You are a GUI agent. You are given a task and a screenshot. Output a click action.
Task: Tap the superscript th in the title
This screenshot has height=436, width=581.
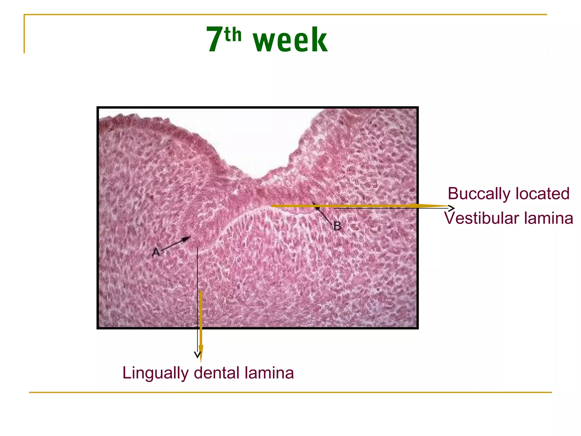[233, 35]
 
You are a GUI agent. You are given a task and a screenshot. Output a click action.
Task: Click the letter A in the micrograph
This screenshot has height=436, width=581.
[156, 252]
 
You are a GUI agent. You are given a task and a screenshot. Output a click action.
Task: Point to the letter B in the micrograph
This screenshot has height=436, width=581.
[337, 226]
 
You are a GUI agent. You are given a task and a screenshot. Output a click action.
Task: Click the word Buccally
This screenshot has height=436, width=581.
[479, 194]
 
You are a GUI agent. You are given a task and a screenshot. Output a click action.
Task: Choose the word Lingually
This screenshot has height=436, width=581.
[155, 373]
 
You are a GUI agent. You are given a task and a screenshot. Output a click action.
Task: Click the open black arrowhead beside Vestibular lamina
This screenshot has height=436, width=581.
[452, 208]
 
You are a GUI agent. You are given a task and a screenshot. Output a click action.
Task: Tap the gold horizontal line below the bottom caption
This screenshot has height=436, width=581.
[290, 392]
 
